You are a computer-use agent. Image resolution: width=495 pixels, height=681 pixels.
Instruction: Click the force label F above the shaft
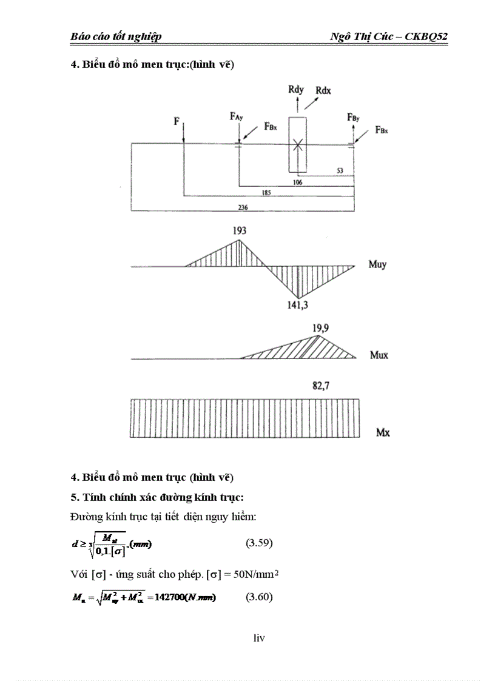point(177,121)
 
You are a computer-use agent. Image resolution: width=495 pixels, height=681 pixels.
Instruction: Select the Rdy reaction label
point(296,90)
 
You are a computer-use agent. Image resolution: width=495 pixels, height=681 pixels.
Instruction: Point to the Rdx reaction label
point(323,91)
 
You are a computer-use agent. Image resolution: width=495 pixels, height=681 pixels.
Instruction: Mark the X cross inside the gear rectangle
point(297,144)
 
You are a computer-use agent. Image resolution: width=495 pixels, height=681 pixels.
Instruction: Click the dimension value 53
point(340,171)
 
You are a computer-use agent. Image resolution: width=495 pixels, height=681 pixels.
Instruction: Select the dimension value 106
point(297,181)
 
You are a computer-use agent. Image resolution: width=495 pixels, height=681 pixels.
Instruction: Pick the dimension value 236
point(243,207)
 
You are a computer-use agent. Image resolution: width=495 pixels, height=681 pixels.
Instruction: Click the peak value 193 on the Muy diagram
point(239,231)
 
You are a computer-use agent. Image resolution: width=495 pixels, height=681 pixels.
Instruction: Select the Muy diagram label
point(377,265)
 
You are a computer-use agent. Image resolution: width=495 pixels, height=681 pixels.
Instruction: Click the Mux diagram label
point(379,355)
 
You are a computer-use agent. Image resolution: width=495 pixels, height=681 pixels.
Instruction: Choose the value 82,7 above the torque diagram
point(322,386)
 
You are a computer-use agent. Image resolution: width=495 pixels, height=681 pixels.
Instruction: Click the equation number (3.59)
point(259,543)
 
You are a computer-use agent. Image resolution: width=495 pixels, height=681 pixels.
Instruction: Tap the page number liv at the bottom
point(259,638)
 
